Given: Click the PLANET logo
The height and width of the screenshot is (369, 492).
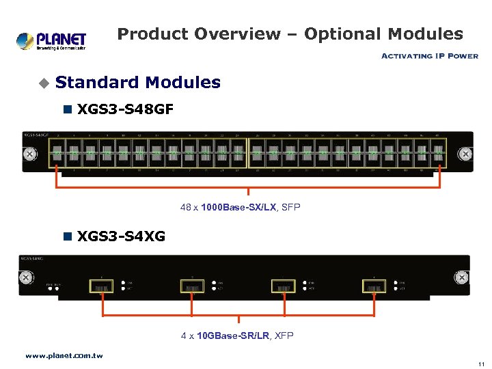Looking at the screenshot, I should click(51, 40).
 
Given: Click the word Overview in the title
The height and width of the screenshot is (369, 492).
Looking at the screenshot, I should click(237, 33).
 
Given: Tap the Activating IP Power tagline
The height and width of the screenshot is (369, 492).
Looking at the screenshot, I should click(429, 56).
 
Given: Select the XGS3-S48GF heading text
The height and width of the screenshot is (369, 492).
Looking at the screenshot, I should click(125, 108).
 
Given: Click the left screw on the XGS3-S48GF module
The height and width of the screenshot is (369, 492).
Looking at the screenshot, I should click(30, 154).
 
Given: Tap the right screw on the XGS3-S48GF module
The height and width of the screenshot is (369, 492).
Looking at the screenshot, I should click(465, 154).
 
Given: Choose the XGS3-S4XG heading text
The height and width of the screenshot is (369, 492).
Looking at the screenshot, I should click(122, 237).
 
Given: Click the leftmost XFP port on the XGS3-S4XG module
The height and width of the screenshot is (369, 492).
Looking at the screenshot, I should click(102, 286).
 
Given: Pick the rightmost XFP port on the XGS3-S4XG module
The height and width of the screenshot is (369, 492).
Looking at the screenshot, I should click(374, 286).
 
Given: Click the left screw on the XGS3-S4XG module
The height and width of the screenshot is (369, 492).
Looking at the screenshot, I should click(27, 278).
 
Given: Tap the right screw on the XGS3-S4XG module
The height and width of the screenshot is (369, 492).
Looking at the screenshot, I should click(462, 277).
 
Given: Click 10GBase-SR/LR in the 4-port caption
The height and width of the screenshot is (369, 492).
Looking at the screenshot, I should click(234, 336).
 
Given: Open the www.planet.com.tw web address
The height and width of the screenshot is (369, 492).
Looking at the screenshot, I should click(64, 355).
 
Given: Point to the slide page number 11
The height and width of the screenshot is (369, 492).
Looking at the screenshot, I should click(481, 364).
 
